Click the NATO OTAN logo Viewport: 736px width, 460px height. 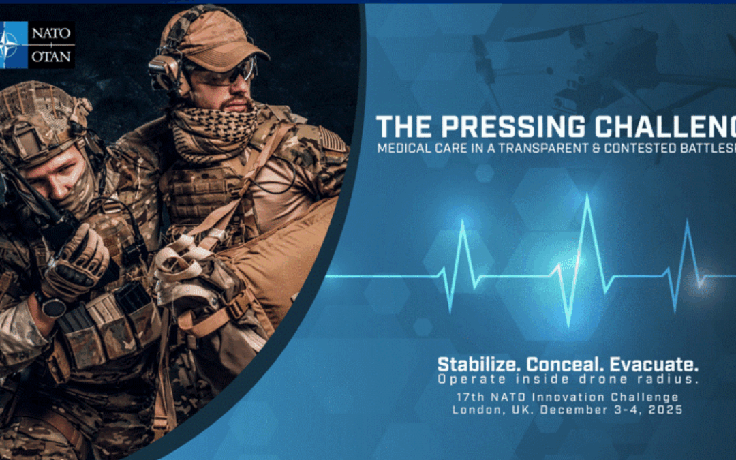tap(38, 45)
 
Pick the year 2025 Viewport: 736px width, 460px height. tap(665, 410)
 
